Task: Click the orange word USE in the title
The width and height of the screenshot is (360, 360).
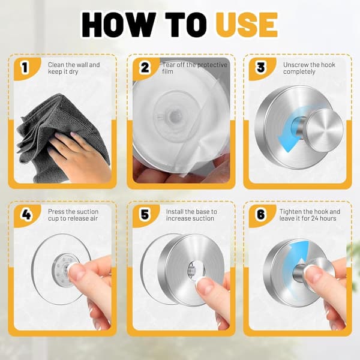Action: coord(247,25)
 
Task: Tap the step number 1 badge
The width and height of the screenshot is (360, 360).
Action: coord(25,67)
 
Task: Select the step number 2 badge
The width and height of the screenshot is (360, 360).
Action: coord(145,67)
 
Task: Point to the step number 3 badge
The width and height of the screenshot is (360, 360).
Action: coord(261,67)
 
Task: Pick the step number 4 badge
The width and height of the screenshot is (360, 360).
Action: coord(26,214)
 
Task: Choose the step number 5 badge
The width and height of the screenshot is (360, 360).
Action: coord(145,214)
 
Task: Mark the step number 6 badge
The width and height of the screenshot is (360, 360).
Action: coord(261,214)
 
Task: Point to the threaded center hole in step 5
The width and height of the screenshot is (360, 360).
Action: coord(193,268)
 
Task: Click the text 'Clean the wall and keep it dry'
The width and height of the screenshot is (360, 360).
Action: coord(74,68)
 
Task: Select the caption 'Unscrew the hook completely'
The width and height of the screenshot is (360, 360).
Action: coord(309,68)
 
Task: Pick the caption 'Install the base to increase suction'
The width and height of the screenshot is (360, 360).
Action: coord(191,215)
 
